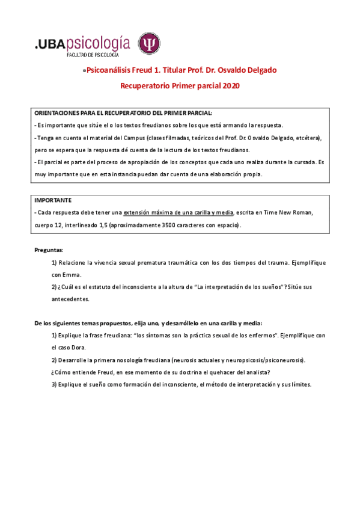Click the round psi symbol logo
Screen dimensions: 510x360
149,44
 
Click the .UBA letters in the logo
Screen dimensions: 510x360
50,43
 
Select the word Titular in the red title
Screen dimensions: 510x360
175,70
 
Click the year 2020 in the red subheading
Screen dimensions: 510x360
231,86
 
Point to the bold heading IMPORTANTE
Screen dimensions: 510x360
53,200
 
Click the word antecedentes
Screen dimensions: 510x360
70,298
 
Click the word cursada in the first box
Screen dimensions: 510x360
304,162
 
